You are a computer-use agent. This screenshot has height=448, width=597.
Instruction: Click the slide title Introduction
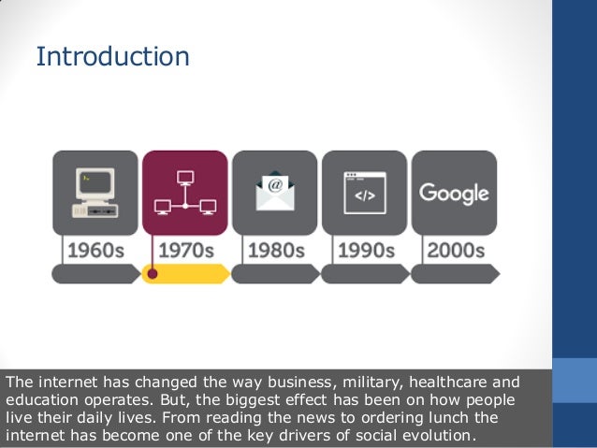(112, 57)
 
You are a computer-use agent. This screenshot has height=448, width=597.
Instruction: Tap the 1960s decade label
(95, 251)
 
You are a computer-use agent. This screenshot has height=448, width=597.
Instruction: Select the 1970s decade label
(184, 251)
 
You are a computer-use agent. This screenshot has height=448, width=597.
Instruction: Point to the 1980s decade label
(274, 251)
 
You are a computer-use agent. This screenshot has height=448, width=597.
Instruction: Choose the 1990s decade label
(364, 251)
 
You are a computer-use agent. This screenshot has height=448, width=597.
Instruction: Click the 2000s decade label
(455, 251)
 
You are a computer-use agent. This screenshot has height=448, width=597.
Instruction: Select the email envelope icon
(274, 192)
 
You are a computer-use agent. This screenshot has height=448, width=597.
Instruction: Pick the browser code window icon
(364, 193)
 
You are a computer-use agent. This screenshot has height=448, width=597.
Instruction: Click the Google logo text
(454, 194)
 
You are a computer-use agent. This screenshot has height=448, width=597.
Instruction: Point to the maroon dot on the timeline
(153, 274)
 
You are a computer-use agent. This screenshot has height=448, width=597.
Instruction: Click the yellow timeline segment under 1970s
(192, 274)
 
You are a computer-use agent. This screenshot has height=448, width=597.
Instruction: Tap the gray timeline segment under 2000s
(455, 274)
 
